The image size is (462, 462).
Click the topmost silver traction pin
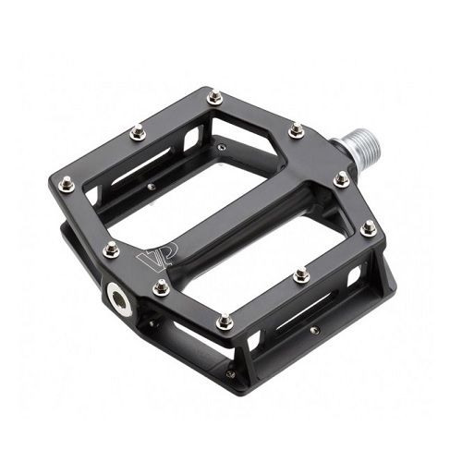point(214,95)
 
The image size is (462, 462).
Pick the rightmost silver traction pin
point(369,227)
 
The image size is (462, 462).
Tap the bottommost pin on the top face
point(224,322)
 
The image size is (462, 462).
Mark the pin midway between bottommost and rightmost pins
point(301,274)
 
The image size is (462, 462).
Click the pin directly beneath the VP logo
point(161,286)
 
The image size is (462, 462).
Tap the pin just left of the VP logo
point(111,249)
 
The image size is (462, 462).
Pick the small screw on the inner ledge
point(151,187)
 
